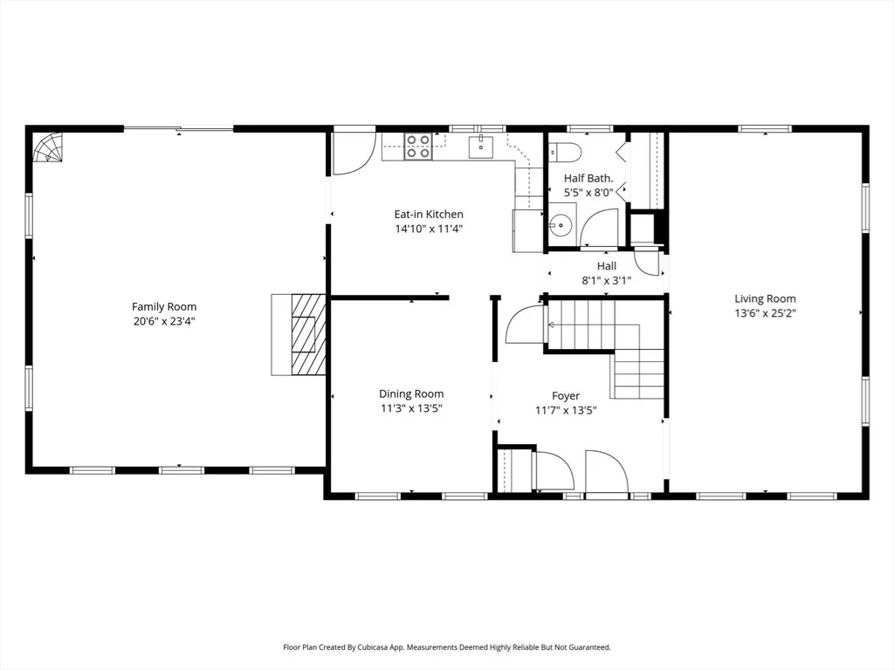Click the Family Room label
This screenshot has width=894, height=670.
[164, 306]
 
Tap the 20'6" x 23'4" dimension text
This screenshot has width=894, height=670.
[164, 321]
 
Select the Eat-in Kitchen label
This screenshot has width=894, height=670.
[429, 215]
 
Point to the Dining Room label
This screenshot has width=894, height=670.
[411, 393]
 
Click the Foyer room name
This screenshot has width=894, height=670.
[566, 395]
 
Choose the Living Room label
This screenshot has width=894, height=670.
[765, 298]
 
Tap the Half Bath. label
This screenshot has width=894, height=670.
[588, 178]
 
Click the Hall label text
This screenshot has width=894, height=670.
[607, 265]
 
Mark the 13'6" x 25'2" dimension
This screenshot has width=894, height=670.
[765, 313]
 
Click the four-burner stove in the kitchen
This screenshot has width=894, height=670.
[417, 146]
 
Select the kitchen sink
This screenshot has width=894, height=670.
[482, 147]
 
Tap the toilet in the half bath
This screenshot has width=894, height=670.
[564, 152]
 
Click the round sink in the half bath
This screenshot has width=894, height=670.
[561, 225]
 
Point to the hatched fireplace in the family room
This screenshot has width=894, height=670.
[308, 334]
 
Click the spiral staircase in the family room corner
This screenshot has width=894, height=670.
[48, 147]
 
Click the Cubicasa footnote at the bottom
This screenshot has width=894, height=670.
[447, 647]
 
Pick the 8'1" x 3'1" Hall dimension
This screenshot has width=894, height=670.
[607, 280]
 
